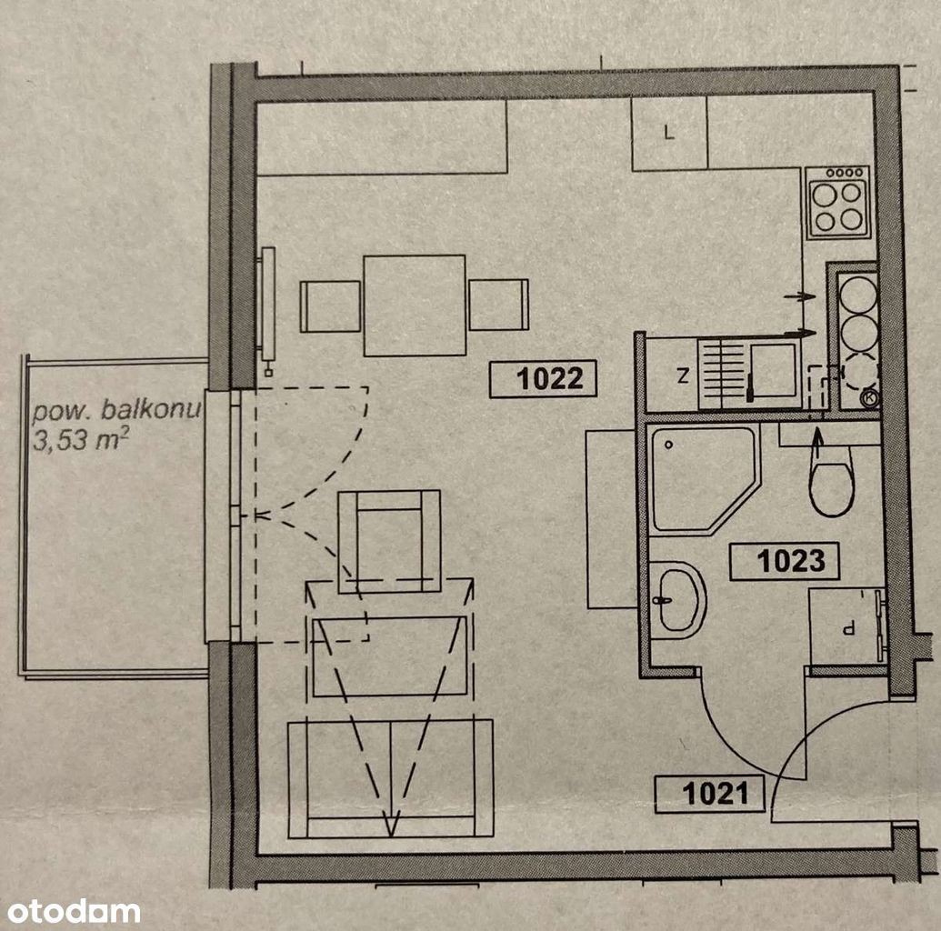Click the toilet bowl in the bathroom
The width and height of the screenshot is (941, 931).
pos(831,481)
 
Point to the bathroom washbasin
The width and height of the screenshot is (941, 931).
pos(677,600)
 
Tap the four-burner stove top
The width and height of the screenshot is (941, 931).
pos(837,202)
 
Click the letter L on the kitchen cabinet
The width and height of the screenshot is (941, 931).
pos(669,132)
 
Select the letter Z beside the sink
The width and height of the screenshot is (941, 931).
pos(683,376)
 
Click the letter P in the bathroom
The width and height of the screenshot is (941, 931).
pos(848,629)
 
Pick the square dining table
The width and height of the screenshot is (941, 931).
pos(415,305)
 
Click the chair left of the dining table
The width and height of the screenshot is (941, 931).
pos(330,306)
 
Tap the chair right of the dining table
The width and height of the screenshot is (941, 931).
pos(499,305)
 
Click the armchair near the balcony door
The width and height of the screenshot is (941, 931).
pos(389,542)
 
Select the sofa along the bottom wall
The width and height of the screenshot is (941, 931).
pos(391,778)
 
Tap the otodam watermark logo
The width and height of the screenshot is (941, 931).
pos(74,911)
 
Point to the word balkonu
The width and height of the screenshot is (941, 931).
pos(151,410)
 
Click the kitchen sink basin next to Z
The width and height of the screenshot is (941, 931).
pos(774,371)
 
